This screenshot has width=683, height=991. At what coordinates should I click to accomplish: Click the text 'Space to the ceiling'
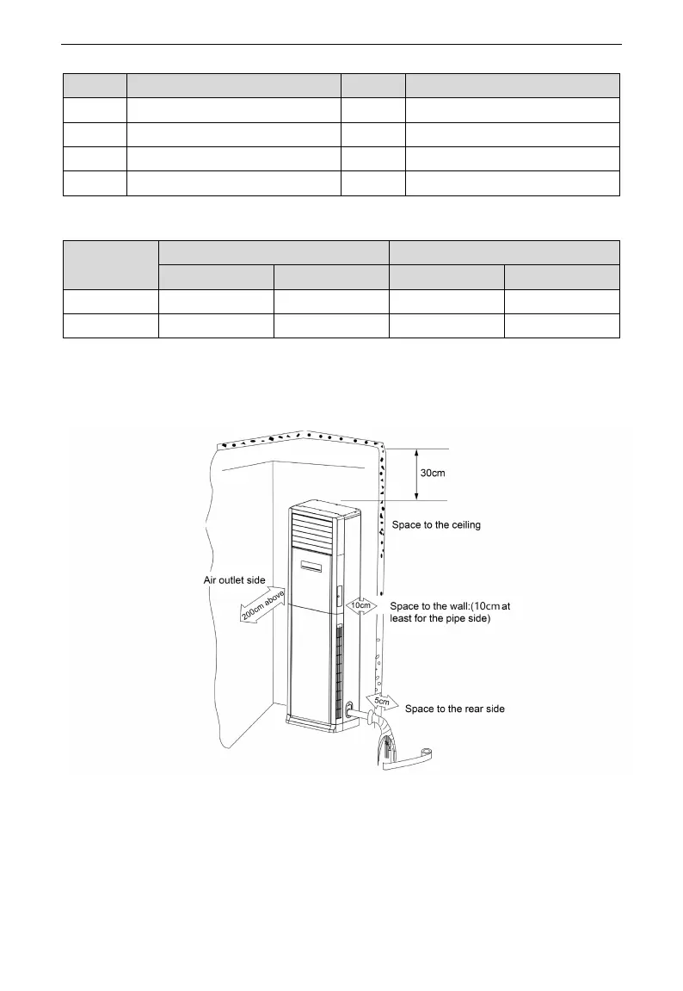click(x=435, y=524)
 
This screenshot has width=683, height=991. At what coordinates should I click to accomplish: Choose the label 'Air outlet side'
click(x=228, y=580)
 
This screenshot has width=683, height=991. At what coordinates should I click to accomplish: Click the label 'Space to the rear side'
click(x=454, y=709)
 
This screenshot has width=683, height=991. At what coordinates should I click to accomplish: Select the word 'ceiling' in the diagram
click(x=463, y=524)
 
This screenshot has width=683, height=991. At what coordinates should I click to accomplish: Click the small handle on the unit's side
click(x=338, y=594)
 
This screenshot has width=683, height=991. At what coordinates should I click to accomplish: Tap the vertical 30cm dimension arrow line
click(x=416, y=474)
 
